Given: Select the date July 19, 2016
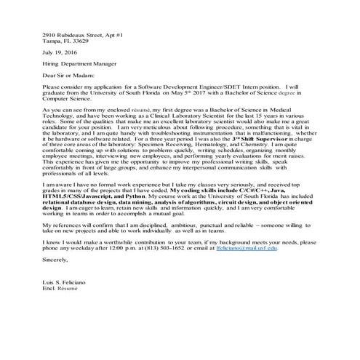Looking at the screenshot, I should coord(61,54).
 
